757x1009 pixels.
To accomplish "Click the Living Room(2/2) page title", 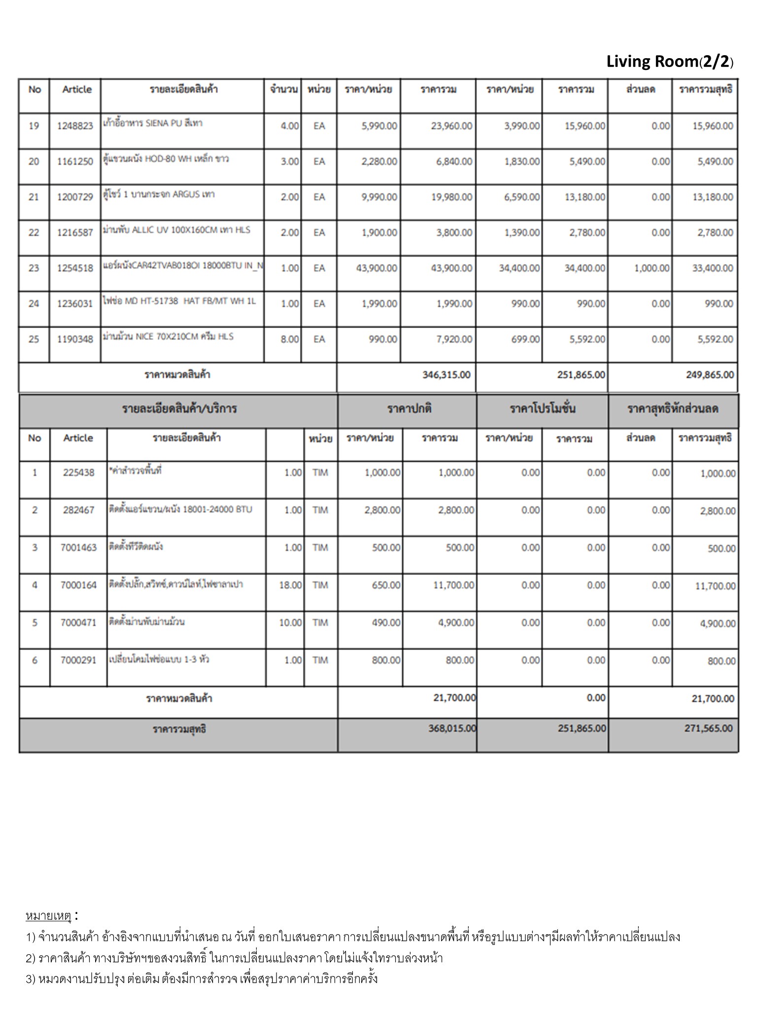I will tap(669, 62).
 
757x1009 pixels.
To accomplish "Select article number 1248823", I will tap(75, 126).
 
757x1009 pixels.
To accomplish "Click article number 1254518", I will tap(75, 269).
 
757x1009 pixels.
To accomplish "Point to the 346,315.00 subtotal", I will tap(446, 375).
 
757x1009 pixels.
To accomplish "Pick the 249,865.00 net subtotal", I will tap(709, 375).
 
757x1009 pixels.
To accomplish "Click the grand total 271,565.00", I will tap(708, 728).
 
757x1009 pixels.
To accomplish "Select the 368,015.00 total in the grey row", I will tap(451, 728).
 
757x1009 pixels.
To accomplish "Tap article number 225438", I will tap(78, 473).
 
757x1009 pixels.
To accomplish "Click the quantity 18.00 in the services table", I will tap(290, 585).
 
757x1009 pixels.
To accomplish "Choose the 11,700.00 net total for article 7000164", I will tap(715, 586).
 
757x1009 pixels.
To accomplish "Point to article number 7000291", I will tap(78, 660).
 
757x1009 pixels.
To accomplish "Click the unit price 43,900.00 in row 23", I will tap(377, 269).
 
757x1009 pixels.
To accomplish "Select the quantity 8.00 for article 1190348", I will tap(290, 339).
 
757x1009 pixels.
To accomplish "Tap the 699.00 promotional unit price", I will tap(525, 339).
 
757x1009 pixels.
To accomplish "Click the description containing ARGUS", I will tap(159, 195).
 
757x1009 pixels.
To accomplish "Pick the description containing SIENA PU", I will tap(153, 123).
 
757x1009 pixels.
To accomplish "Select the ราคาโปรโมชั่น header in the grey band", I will tap(542, 409).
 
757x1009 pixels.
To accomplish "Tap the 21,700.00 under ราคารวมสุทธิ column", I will tap(712, 699).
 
